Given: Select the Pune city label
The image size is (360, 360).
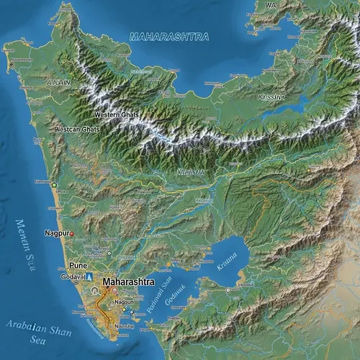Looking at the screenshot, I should click(x=78, y=266).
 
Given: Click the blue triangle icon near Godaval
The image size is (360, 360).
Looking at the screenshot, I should click(x=90, y=276).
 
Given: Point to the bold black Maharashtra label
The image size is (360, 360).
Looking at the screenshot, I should click(x=128, y=282).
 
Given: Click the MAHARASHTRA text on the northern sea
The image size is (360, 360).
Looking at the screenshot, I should click(x=169, y=36).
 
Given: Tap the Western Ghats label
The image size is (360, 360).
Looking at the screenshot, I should click(x=116, y=114).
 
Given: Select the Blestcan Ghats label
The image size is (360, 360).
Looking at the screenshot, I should click(x=77, y=129).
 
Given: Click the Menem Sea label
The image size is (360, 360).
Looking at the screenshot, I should click(x=26, y=238).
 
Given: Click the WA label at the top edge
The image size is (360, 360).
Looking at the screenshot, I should click(x=271, y=5).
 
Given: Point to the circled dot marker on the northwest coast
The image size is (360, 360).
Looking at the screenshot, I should click(x=12, y=65).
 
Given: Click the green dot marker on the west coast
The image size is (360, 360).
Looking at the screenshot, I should click(x=53, y=185).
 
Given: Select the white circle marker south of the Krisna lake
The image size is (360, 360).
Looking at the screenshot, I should click(x=228, y=290).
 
